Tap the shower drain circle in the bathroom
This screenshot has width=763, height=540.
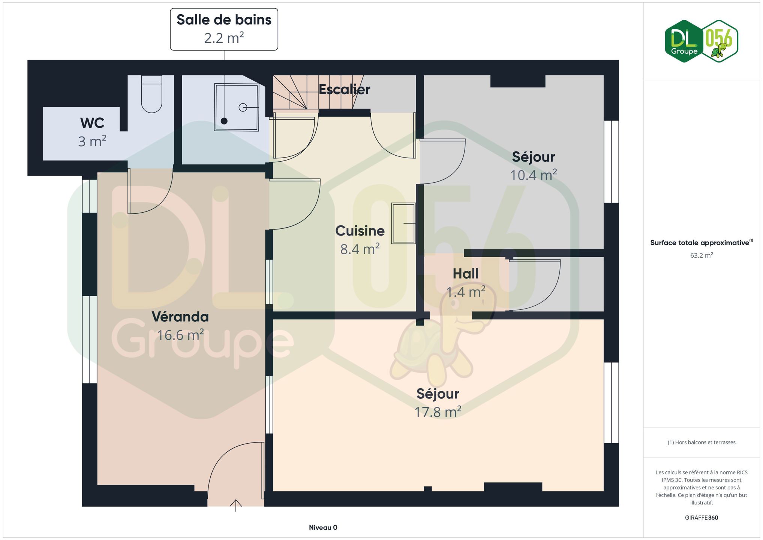point(243,108)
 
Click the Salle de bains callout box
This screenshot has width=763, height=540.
point(224,29)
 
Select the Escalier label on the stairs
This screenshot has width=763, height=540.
point(344,89)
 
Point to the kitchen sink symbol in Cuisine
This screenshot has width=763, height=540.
point(403,223)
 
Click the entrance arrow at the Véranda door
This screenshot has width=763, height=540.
point(235,505)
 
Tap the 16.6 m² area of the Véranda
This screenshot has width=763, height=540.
point(180,335)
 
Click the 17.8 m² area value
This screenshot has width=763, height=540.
point(438,412)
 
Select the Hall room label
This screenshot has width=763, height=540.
point(466,274)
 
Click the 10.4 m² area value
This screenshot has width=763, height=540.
point(533,175)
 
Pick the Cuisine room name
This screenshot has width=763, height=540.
point(360,231)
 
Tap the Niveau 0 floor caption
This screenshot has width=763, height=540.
point(323,528)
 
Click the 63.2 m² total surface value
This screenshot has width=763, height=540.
point(702,255)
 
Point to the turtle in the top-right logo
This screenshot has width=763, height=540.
point(719,50)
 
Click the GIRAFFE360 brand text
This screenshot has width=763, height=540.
point(702,517)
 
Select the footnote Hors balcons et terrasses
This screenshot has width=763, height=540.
point(702,442)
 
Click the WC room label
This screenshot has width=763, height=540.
point(92,123)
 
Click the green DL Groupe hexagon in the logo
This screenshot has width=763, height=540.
point(684,41)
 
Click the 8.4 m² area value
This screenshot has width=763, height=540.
point(360,249)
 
